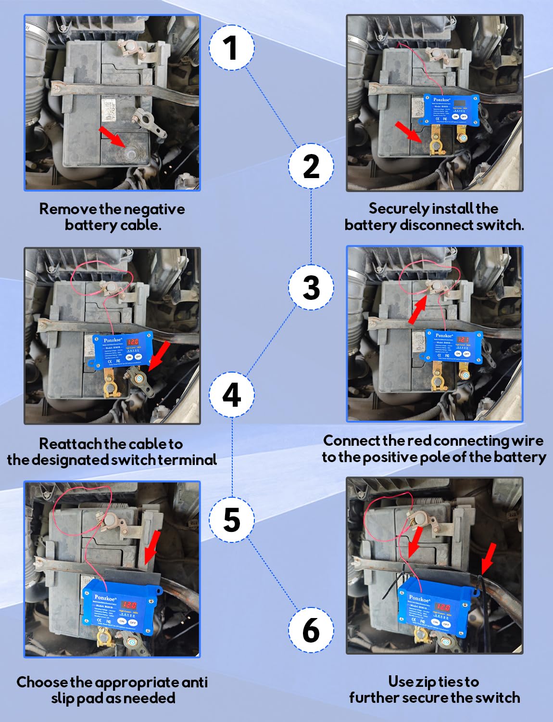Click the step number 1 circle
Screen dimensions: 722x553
point(231,48)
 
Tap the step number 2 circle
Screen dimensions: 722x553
point(311,166)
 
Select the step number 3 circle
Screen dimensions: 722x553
point(311,287)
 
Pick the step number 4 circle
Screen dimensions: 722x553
point(231,395)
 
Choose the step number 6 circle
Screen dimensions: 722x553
point(311,630)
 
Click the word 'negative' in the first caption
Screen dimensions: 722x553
point(154,209)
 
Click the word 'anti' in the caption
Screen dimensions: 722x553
point(195,682)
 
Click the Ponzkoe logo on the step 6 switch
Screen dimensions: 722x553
point(419,599)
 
